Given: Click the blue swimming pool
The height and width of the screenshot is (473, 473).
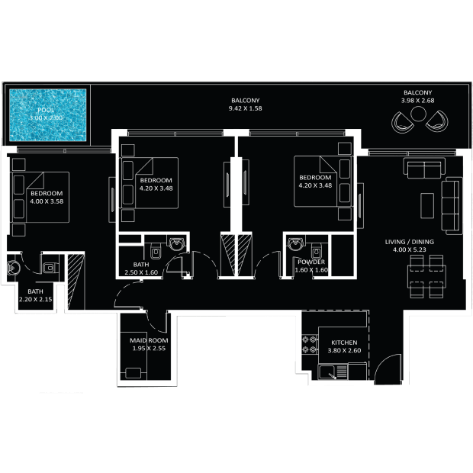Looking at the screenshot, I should pyautogui.click(x=47, y=114).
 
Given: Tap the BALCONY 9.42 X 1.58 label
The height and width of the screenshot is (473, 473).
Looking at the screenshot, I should pyautogui.click(x=245, y=105).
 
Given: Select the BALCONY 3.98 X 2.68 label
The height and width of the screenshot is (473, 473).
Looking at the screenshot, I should pyautogui.click(x=418, y=97).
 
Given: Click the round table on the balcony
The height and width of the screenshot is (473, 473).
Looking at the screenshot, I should pyautogui.click(x=418, y=115).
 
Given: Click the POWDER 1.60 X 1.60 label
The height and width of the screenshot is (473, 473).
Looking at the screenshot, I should pyautogui.click(x=311, y=265).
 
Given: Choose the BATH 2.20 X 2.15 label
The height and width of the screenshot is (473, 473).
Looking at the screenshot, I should pyautogui.click(x=35, y=296).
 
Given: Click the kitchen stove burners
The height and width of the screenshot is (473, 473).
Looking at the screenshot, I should pyautogui.click(x=311, y=344).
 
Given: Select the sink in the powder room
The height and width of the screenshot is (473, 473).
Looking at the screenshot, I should pyautogui.click(x=295, y=245).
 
